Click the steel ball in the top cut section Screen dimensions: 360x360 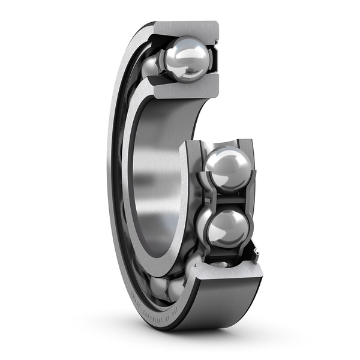click(x=188, y=58)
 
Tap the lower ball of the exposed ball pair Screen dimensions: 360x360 click(x=227, y=228)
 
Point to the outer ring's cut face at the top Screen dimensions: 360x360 click(x=186, y=29)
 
